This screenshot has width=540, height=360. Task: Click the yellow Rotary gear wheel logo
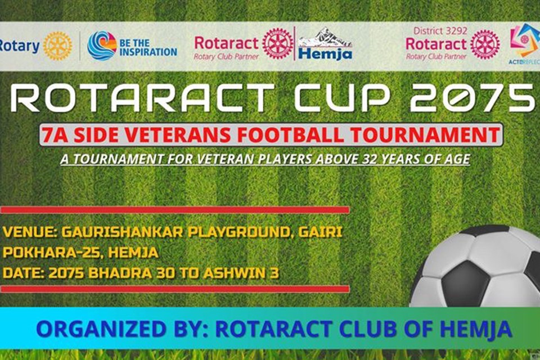point(57,46)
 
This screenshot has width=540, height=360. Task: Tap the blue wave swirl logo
point(102,46)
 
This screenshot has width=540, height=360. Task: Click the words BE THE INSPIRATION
point(148,48)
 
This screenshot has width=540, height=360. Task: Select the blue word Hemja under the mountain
point(325,54)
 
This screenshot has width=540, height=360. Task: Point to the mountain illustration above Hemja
point(325,37)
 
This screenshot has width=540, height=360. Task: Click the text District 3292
point(440,31)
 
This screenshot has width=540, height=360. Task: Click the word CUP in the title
point(341,98)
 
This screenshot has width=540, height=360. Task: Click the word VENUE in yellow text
point(28,232)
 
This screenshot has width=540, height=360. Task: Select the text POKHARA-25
point(52,253)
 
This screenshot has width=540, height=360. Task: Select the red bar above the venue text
point(175,210)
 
